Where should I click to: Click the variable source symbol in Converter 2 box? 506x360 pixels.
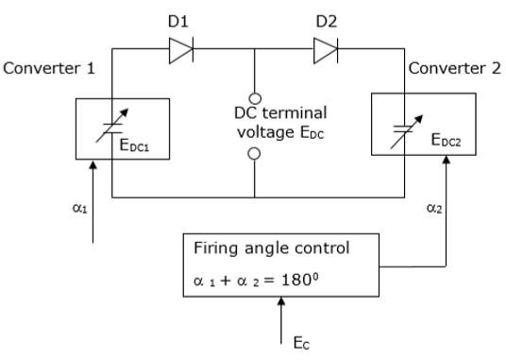404,120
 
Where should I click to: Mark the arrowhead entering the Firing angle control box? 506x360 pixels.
281,303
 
